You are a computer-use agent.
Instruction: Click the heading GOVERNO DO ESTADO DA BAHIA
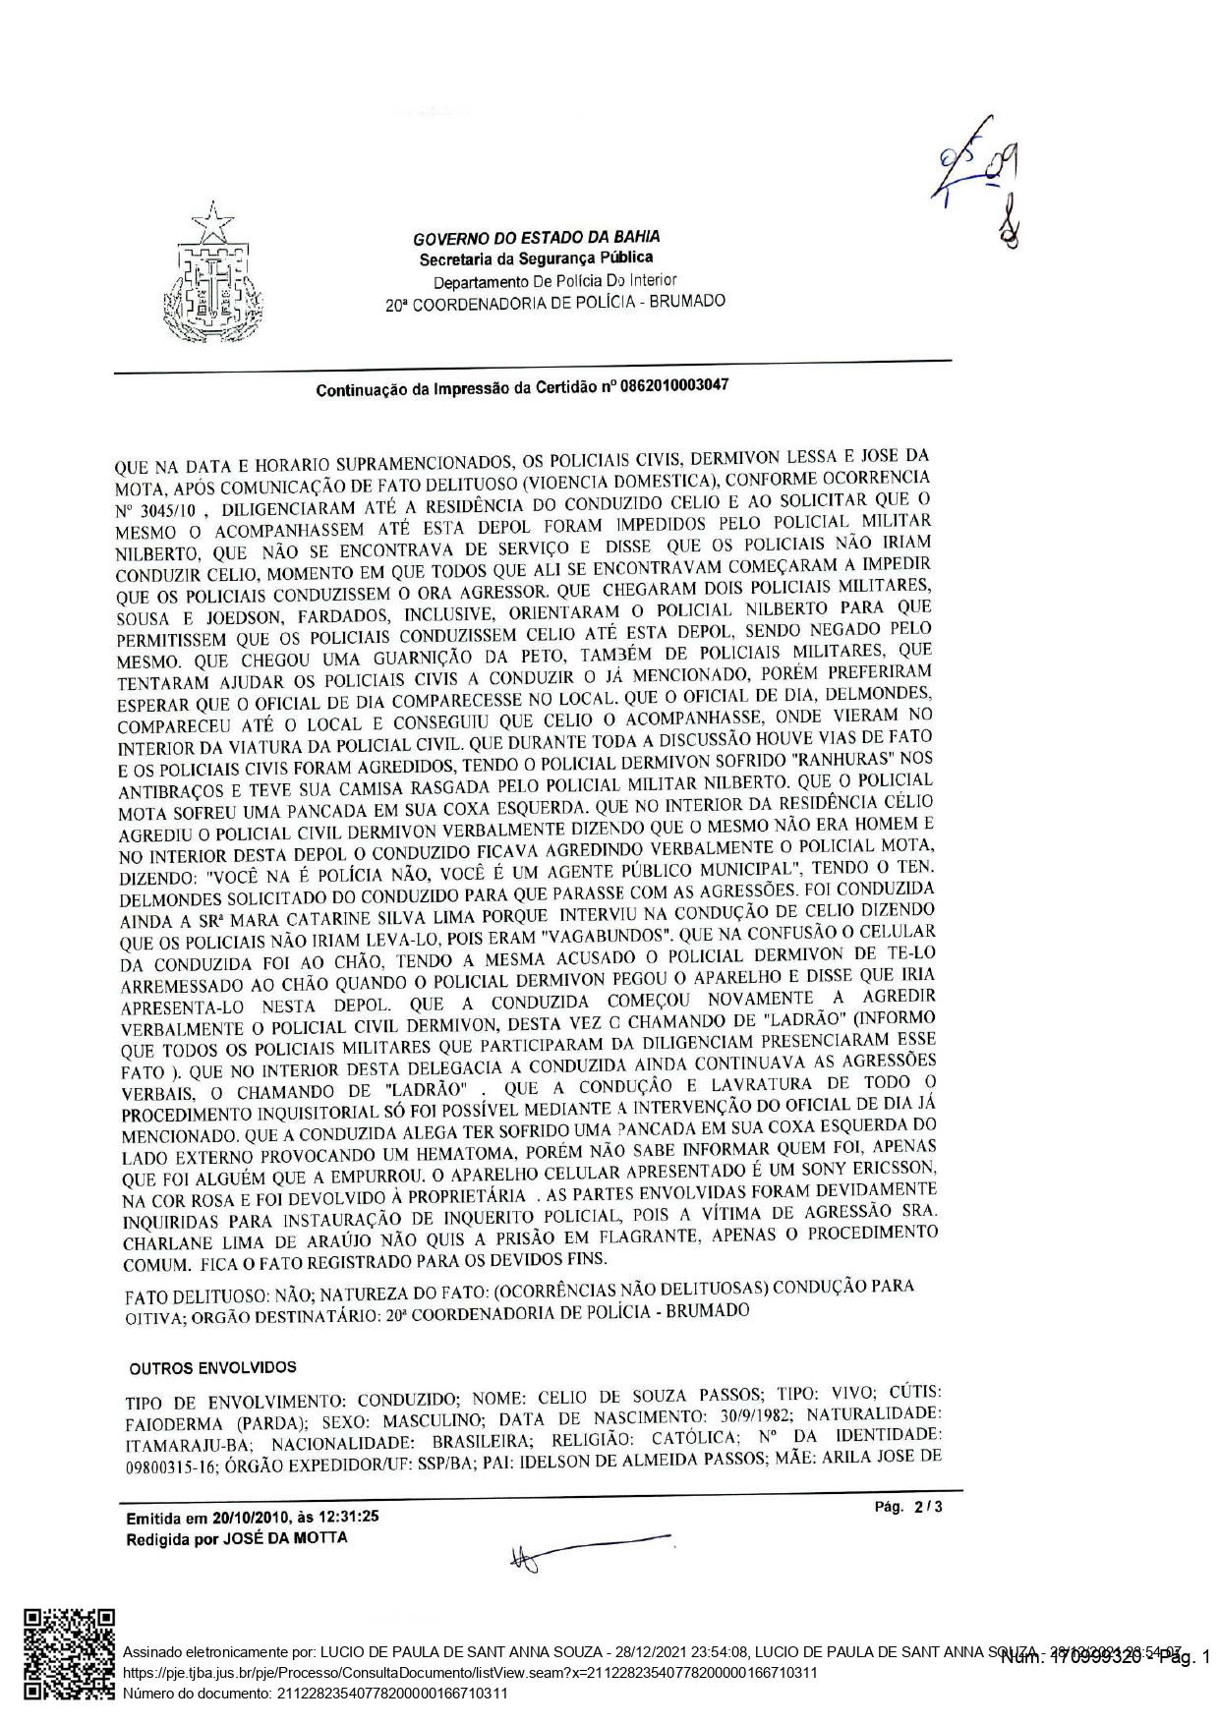(x=536, y=237)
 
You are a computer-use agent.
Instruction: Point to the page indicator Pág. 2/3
(x=908, y=1506)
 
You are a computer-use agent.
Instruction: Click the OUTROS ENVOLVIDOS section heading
(x=212, y=1367)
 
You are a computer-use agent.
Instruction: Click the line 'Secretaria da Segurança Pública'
(x=536, y=259)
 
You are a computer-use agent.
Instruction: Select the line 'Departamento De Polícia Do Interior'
(x=554, y=281)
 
